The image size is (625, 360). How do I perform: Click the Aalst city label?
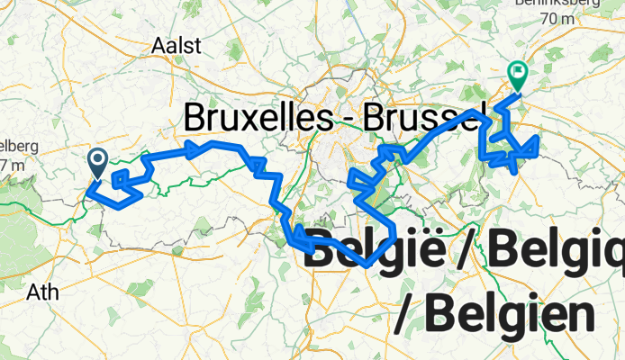pos(178,46)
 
